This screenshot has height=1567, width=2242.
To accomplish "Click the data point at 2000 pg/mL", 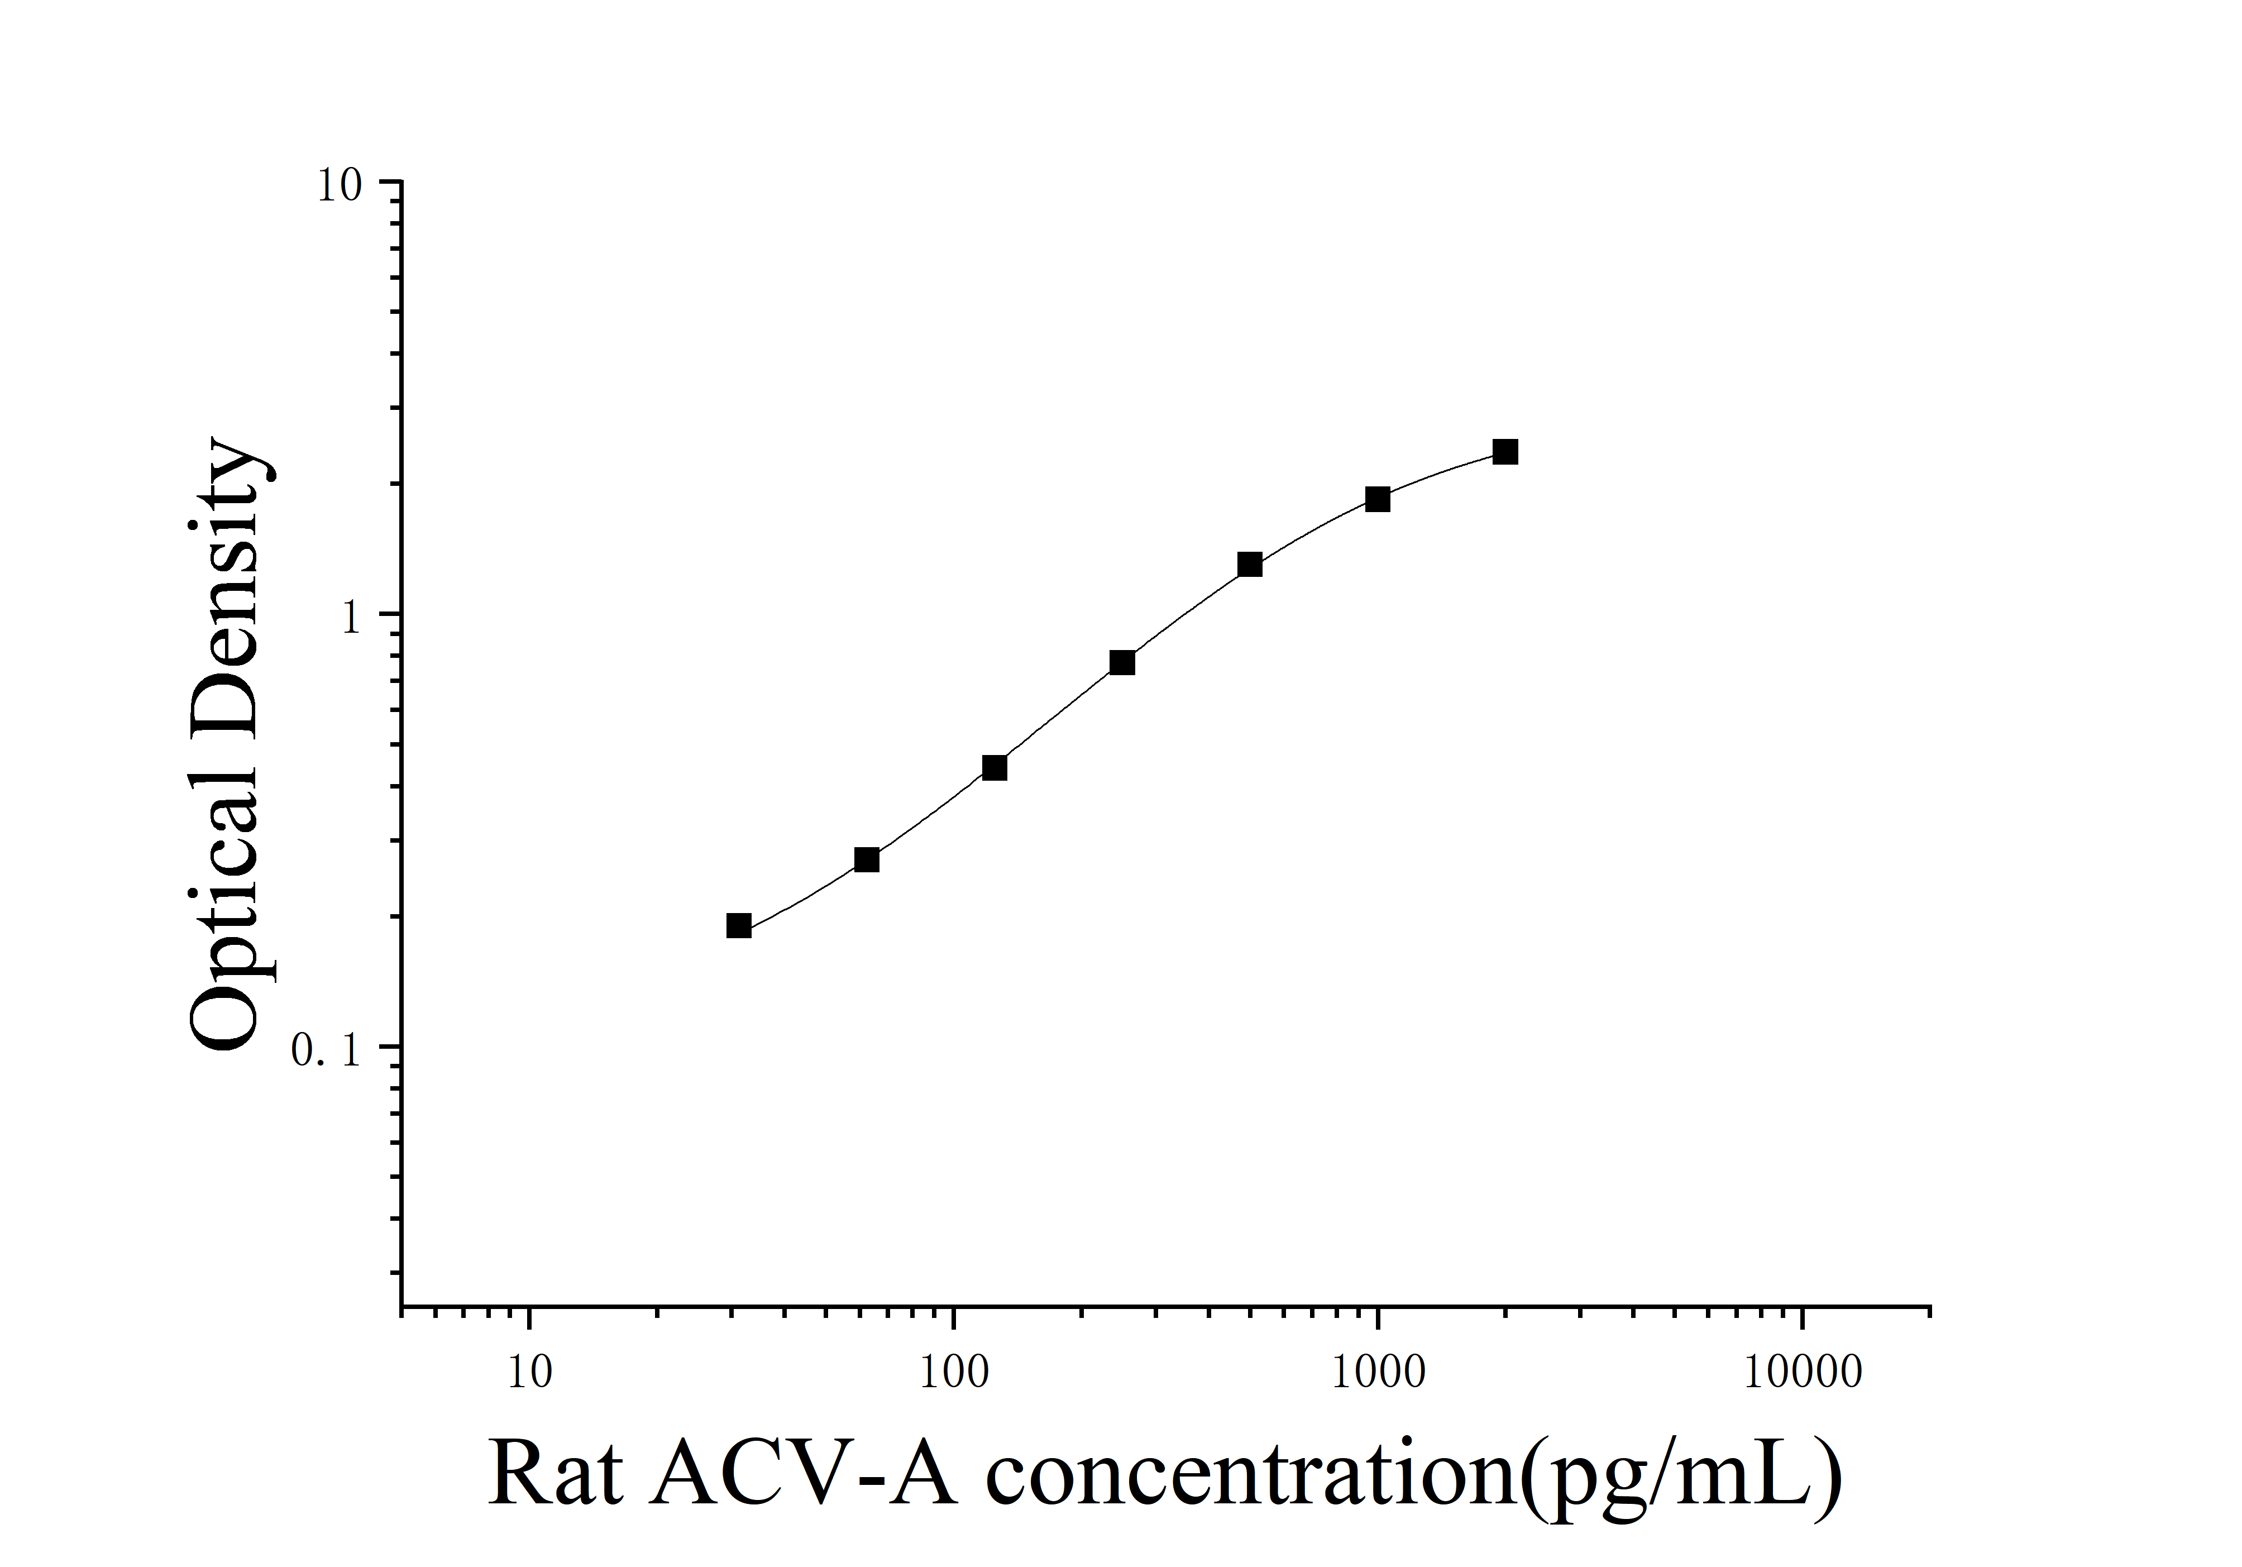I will (x=1505, y=452).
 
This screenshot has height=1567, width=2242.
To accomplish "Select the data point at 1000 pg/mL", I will (x=1377, y=499).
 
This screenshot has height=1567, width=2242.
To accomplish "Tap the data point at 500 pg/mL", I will (x=1249, y=565).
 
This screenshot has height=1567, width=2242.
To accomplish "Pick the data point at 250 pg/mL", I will (x=1122, y=663).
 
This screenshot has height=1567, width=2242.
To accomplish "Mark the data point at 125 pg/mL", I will (x=994, y=767).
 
